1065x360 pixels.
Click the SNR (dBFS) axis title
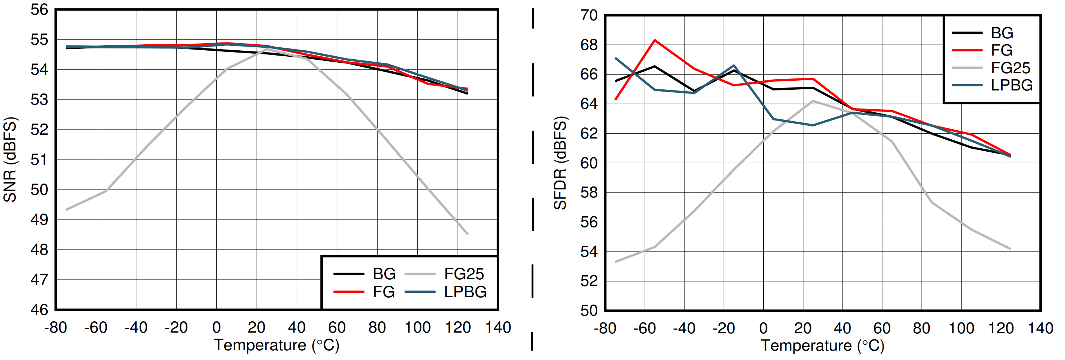[x=10, y=160]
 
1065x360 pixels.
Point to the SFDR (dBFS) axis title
[x=560, y=163]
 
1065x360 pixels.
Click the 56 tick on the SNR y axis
[x=39, y=10]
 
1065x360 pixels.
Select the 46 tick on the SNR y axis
[x=39, y=310]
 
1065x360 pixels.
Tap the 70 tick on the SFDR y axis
[x=589, y=16]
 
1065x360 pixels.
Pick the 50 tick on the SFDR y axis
[x=589, y=310]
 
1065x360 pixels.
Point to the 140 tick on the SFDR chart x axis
[x=1040, y=328]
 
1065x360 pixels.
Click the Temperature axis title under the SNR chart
[x=276, y=345]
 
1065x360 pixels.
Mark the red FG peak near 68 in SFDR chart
[x=654, y=40]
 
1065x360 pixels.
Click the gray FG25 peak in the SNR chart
[x=267, y=49]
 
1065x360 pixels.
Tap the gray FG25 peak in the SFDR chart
[x=813, y=101]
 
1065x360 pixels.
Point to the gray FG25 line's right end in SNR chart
[x=467, y=234]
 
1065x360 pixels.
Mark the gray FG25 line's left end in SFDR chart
[x=616, y=262]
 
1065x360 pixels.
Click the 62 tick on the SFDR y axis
[x=589, y=134]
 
